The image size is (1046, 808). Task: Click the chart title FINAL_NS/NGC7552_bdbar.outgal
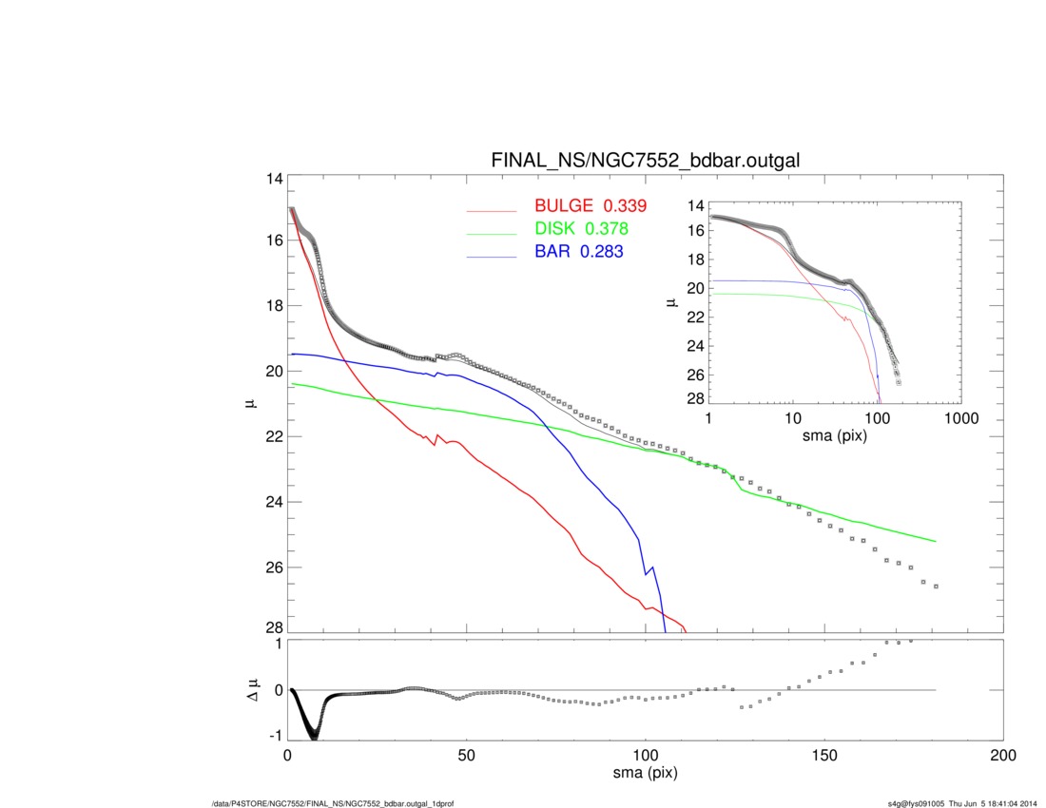[x=645, y=161]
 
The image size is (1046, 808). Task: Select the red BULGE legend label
[x=564, y=205]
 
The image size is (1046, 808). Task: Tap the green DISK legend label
[x=554, y=229]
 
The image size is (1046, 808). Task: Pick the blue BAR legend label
[x=552, y=251]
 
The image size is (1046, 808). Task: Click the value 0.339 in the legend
[x=625, y=205]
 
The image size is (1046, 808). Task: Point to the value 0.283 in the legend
[x=602, y=251]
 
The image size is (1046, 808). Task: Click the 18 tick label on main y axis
[x=274, y=306]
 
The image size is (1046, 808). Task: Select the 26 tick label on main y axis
[x=274, y=568]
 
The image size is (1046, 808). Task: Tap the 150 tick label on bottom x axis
[x=824, y=756]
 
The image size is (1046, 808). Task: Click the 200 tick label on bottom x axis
[x=1003, y=756]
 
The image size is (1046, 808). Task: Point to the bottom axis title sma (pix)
[x=645, y=774]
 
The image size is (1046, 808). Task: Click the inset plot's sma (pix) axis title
[x=835, y=436]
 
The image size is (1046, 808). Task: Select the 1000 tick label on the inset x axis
[x=961, y=418]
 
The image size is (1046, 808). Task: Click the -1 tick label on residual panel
[x=275, y=736]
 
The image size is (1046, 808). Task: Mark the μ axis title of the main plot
[x=252, y=402]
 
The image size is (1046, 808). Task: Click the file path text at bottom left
[x=332, y=803]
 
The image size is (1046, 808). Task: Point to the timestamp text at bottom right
[x=962, y=803]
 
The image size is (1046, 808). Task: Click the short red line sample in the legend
[x=492, y=211]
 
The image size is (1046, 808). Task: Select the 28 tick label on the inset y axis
[x=696, y=398]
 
